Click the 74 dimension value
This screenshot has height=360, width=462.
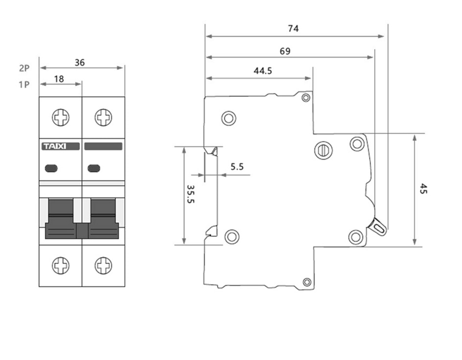[x=293, y=28]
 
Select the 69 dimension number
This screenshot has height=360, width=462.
[x=285, y=51]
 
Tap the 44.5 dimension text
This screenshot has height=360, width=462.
[x=263, y=71]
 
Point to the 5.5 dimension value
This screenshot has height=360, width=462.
[x=237, y=167]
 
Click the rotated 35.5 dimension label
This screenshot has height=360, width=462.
[x=191, y=194]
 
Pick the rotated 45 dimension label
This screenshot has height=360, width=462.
[x=423, y=189]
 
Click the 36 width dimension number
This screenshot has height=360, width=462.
[x=80, y=63]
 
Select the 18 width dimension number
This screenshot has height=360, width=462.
[x=59, y=79]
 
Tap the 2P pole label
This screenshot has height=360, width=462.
[x=24, y=68]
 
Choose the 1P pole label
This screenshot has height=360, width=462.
[x=24, y=85]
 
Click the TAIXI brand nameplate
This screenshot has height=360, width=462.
[x=61, y=146]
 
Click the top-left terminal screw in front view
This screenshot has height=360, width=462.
[x=61, y=117]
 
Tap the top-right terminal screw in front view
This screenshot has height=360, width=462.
[x=103, y=117]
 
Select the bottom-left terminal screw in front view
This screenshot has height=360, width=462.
[x=61, y=266]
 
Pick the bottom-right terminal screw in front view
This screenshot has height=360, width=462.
[x=103, y=266]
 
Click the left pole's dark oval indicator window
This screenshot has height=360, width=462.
[x=51, y=168]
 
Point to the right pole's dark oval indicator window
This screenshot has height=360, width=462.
[x=94, y=168]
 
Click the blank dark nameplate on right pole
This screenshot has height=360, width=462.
[x=103, y=146]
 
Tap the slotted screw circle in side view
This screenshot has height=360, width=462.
[x=323, y=151]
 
